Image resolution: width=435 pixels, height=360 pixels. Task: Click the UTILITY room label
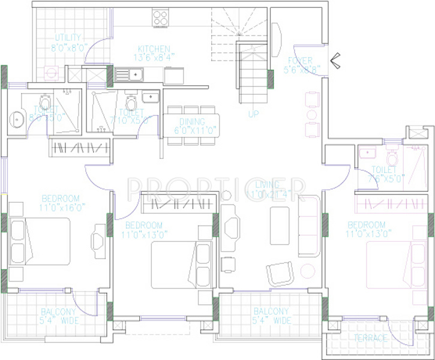coord(67,37)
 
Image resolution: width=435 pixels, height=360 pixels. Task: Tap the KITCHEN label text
coord(154,49)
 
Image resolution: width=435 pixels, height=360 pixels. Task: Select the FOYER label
coord(300,61)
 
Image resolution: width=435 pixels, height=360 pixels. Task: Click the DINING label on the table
coord(191,121)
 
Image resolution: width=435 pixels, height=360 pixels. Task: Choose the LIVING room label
coord(268,184)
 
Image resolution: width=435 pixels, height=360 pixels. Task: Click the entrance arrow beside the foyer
coord(335,59)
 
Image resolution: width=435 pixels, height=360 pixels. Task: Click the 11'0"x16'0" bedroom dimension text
coord(63,208)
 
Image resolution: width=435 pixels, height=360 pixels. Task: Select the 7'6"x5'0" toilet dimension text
coord(388,178)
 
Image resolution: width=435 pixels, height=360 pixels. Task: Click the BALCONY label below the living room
coord(271,312)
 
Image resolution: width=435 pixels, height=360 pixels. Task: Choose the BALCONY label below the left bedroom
coord(59,312)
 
